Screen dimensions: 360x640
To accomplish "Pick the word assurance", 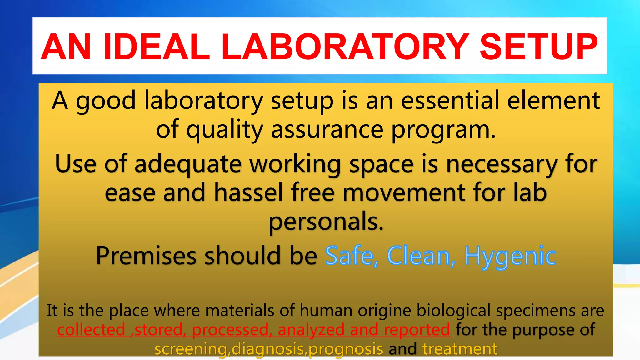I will coord(327,129).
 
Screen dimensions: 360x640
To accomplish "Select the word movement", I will coord(404,192).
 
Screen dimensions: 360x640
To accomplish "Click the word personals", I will coord(326,221).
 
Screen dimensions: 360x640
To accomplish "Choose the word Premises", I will coord(146,256).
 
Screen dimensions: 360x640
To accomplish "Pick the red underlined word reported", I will coord(417,330).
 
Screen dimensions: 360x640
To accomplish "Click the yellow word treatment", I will coord(460,349).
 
